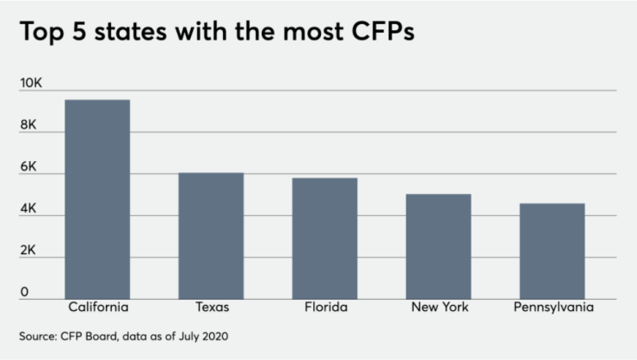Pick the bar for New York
(x=438, y=246)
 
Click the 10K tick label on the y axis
(x=32, y=84)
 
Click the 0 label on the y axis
(x=25, y=292)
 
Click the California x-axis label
(x=97, y=307)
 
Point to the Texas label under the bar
(x=211, y=307)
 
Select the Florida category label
(x=325, y=307)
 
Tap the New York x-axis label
(x=438, y=307)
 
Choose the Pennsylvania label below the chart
(x=552, y=307)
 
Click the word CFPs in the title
(x=376, y=34)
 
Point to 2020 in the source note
(x=215, y=335)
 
